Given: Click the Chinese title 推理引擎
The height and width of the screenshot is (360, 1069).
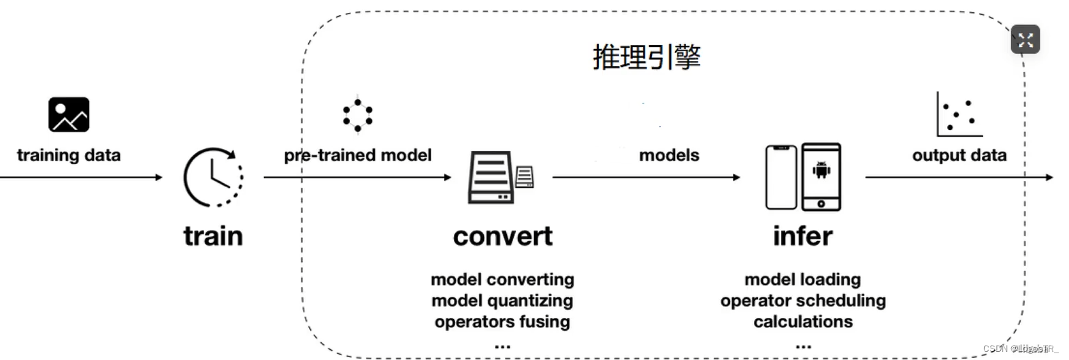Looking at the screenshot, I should pyautogui.click(x=646, y=57).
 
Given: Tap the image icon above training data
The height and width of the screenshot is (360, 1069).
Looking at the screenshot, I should pyautogui.click(x=69, y=114).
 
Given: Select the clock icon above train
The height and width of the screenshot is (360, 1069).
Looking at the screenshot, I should pyautogui.click(x=213, y=177).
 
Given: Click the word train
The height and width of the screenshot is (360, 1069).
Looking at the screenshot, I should pyautogui.click(x=213, y=236).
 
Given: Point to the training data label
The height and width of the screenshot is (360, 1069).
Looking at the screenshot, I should pyautogui.click(x=69, y=155).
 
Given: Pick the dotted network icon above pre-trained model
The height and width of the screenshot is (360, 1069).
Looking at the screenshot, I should pyautogui.click(x=358, y=115).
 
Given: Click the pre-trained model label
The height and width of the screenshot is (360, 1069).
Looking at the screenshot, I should pyautogui.click(x=358, y=155).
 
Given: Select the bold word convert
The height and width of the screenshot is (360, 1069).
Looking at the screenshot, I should pyautogui.click(x=503, y=236).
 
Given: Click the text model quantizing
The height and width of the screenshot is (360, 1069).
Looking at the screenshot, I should pyautogui.click(x=502, y=300).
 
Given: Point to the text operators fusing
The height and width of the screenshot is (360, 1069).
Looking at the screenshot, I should pyautogui.click(x=502, y=321).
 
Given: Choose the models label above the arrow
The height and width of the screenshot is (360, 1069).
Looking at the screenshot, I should pyautogui.click(x=669, y=155).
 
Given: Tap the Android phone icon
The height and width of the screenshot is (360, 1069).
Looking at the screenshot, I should pyautogui.click(x=821, y=176).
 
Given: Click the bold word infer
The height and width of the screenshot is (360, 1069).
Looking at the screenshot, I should pyautogui.click(x=803, y=236).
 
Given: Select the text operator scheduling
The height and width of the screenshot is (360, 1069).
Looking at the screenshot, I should pyautogui.click(x=803, y=300).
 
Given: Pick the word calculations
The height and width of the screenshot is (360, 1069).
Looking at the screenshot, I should pyautogui.click(x=803, y=321).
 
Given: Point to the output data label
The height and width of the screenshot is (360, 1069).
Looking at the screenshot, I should pyautogui.click(x=959, y=155).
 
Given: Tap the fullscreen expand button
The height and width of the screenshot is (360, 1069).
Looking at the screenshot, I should pyautogui.click(x=1025, y=39).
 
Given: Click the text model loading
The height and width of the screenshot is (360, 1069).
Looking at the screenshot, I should pyautogui.click(x=803, y=279).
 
